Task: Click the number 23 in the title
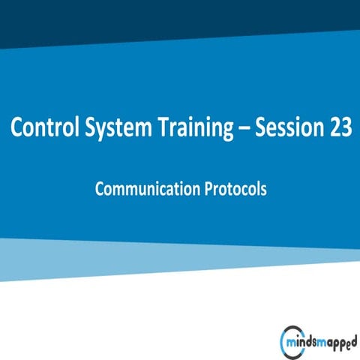click(338, 128)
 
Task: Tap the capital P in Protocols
click(208, 188)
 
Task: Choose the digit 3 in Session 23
click(345, 128)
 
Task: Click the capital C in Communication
click(100, 188)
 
